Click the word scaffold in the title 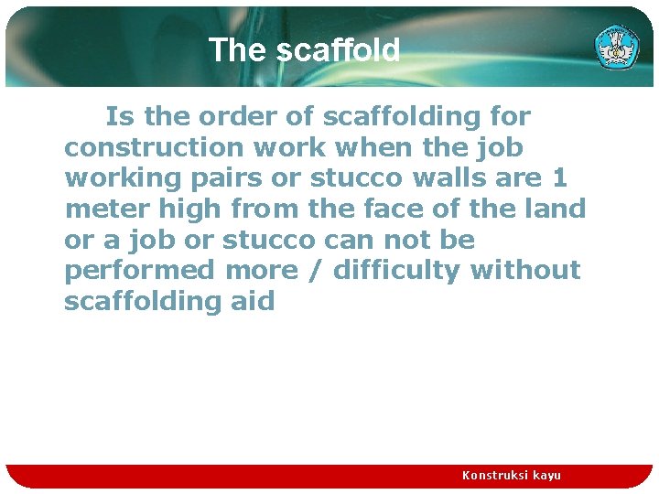pyautogui.click(x=338, y=50)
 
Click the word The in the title pyautogui.click(x=239, y=50)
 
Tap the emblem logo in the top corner pyautogui.click(x=617, y=47)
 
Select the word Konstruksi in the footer pyautogui.click(x=495, y=476)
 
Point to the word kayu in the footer pyautogui.click(x=546, y=476)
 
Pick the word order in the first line pyautogui.click(x=255, y=116)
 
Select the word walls pyautogui.click(x=450, y=177)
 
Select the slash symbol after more pyautogui.click(x=316, y=271)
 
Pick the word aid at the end pyautogui.click(x=252, y=301)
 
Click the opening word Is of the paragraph pyautogui.click(x=117, y=116)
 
